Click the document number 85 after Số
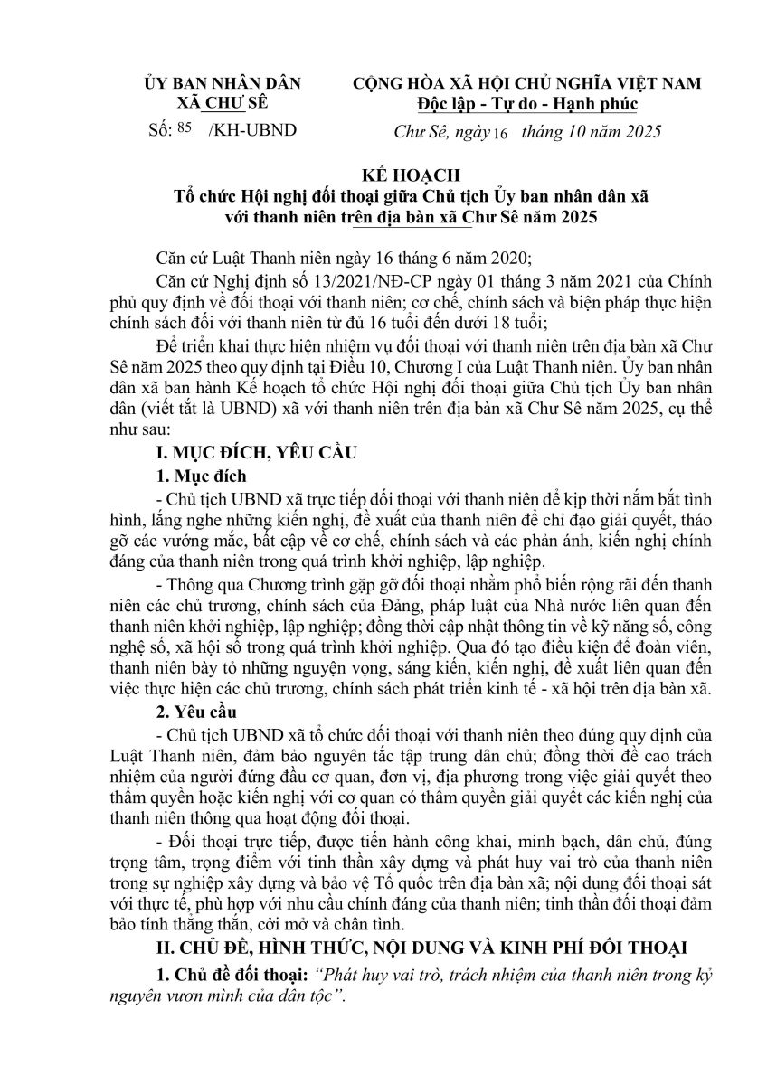pos(185,127)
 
